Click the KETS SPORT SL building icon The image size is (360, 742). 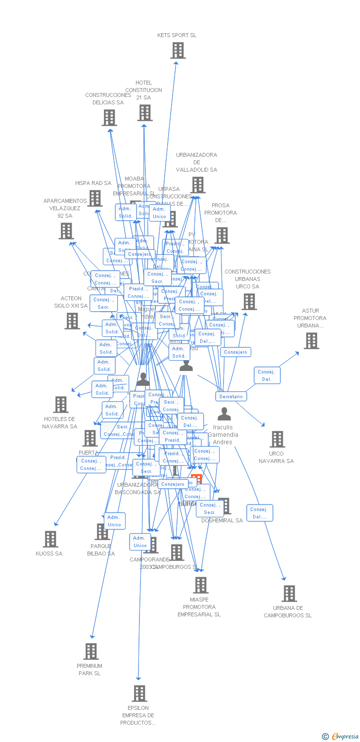(178, 50)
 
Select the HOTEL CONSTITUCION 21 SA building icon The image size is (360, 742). (145, 113)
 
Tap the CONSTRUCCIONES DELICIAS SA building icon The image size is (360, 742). (109, 118)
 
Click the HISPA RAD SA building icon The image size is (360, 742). (95, 198)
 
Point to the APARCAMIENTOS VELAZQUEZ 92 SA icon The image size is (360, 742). (66, 231)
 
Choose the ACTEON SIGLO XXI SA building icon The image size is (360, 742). (72, 321)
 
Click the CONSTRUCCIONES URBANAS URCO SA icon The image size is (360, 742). (249, 302)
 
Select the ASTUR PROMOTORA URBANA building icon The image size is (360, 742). (312, 341)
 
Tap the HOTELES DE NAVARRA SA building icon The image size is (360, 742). (61, 405)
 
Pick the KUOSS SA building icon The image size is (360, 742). (50, 539)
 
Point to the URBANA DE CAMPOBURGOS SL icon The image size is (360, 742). (289, 594)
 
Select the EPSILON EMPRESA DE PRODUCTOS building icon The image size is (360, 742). (139, 694)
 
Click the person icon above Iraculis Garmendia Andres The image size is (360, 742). (225, 414)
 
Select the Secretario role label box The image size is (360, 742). (231, 397)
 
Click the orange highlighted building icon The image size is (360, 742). (197, 478)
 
